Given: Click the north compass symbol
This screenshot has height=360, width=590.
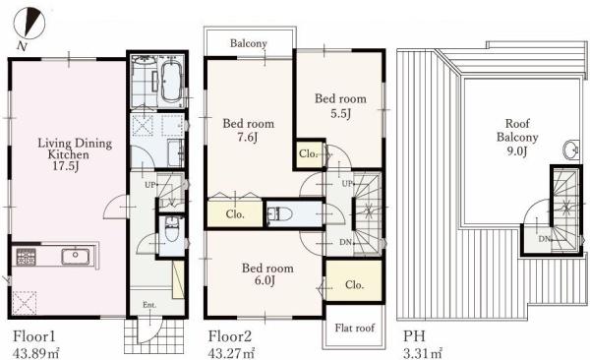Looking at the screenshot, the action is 29,24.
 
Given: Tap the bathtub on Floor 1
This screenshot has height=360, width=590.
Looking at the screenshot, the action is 171,82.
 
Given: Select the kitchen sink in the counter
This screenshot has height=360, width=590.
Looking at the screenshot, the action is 76,257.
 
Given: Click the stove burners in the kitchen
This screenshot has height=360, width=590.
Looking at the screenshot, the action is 26,257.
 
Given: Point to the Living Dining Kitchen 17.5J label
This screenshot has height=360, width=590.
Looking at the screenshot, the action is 75,154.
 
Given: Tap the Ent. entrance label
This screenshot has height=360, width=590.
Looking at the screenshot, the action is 149,305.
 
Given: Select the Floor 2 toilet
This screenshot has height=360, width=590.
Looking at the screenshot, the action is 280,214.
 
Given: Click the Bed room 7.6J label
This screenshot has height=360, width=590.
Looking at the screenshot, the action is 249,130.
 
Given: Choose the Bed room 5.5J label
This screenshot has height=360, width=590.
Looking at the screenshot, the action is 340,106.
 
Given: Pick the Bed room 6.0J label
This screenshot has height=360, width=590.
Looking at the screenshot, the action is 267,274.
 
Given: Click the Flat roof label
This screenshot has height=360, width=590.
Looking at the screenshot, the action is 354,328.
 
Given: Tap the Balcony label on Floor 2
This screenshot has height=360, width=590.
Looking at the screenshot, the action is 249,43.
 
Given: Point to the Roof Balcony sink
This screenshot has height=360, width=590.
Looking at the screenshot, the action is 570,150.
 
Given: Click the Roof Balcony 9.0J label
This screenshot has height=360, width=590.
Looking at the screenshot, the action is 517,137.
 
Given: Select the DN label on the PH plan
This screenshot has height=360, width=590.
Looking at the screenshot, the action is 544,239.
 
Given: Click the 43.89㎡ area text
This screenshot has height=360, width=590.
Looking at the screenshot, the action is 36,353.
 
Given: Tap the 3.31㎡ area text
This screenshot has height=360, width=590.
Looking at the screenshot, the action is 423,353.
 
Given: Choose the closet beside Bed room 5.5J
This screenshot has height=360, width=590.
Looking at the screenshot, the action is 310,153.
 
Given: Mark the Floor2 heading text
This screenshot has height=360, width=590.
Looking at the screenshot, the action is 230,335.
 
